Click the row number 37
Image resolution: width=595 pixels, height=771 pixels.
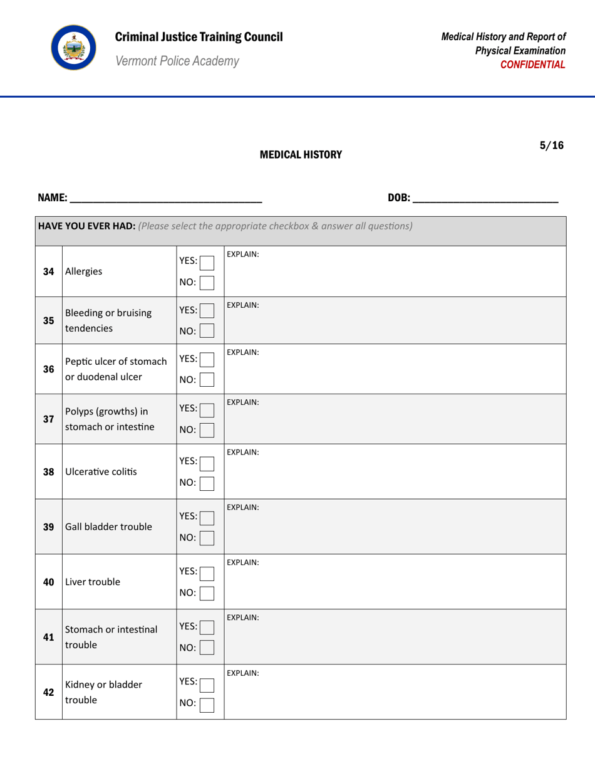point(48,419)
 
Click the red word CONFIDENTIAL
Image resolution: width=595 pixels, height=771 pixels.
point(537,65)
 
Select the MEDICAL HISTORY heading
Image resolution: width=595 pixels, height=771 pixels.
point(301,154)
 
